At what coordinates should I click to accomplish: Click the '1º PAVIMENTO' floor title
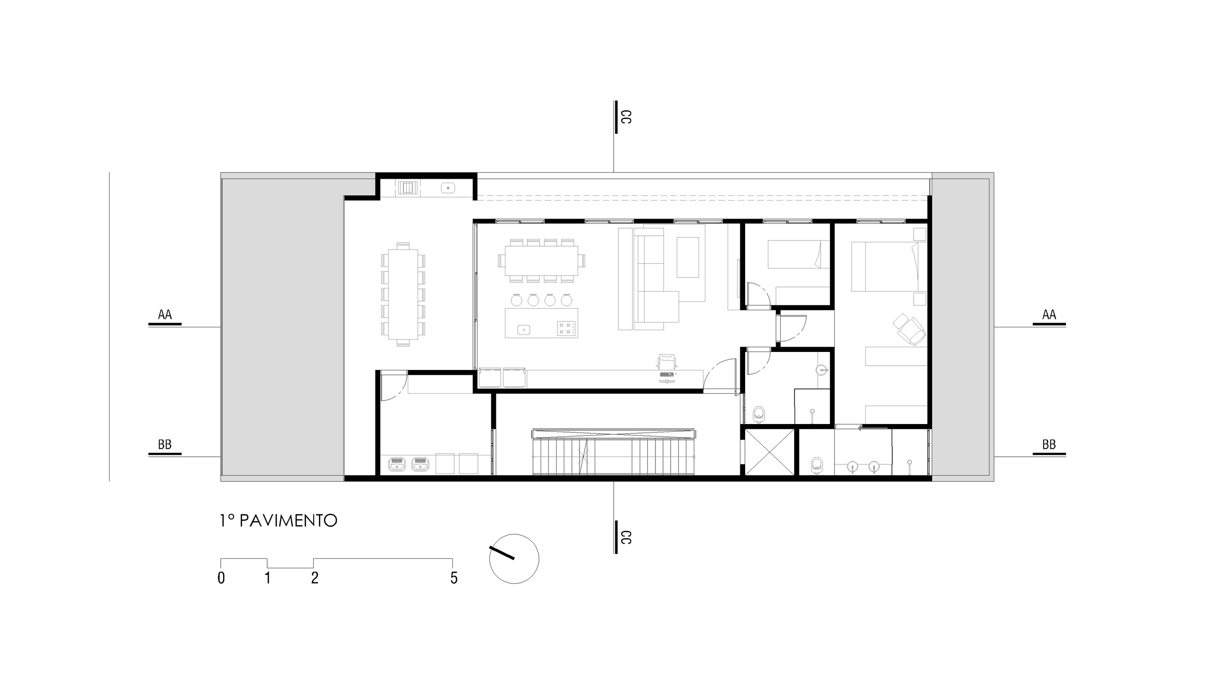click(x=278, y=521)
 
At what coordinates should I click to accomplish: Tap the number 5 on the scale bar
click(x=454, y=578)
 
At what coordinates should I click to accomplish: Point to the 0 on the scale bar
click(x=221, y=578)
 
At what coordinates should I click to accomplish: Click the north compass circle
click(x=514, y=558)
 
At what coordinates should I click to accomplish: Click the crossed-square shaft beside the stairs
click(x=769, y=452)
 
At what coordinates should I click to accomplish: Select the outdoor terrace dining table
click(x=403, y=295)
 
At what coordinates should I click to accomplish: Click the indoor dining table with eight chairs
click(x=542, y=261)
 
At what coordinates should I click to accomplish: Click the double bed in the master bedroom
click(x=889, y=267)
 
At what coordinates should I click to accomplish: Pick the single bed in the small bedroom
click(x=799, y=254)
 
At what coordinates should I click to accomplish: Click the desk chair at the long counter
click(x=667, y=361)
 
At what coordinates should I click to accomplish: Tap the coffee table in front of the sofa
click(x=688, y=257)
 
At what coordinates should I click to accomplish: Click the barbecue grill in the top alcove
click(x=409, y=188)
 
